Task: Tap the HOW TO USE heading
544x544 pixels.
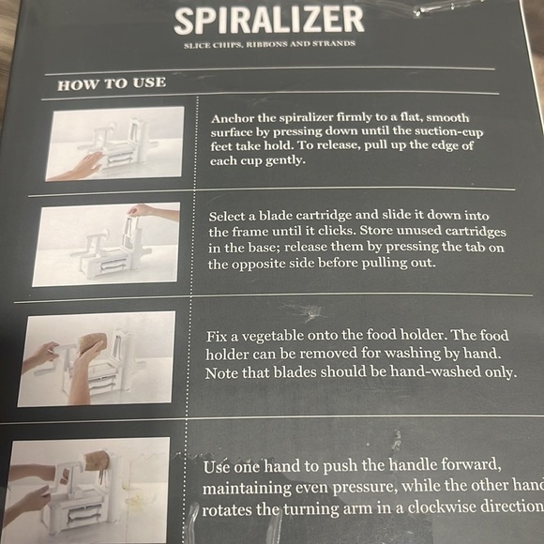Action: click(x=112, y=83)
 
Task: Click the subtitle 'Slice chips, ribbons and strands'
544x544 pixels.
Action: click(x=269, y=44)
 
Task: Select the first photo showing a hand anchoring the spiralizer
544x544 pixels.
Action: click(x=114, y=143)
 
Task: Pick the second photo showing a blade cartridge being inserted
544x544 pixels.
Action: click(x=106, y=244)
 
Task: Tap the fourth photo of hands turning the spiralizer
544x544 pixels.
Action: click(x=85, y=488)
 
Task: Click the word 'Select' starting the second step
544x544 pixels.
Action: click(x=230, y=216)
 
